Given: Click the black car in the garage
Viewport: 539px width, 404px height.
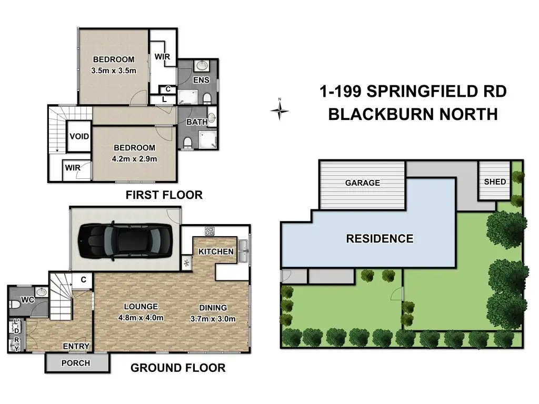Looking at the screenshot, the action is tap(125, 241).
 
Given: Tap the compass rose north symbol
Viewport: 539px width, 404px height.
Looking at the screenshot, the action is tap(280, 110).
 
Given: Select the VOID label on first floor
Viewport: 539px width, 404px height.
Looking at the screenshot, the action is tap(79, 136).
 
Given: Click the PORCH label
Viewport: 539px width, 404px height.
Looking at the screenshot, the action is tap(76, 363).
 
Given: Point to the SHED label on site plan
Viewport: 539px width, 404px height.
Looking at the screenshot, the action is tap(495, 181).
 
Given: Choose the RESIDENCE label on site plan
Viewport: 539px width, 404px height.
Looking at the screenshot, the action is tap(380, 239).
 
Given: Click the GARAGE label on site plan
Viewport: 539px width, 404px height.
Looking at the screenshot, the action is tap(363, 183).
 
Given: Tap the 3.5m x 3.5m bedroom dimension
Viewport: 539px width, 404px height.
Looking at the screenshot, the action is tap(114, 71).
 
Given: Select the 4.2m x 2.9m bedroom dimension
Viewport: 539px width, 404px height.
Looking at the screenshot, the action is tap(134, 159).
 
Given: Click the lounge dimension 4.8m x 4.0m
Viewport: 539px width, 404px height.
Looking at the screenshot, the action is tap(141, 318).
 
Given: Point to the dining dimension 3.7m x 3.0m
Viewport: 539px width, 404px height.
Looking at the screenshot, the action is tap(213, 319).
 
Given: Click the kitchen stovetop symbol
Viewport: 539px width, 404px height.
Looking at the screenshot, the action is tap(209, 231).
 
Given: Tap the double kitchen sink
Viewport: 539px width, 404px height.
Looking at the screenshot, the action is tap(243, 251).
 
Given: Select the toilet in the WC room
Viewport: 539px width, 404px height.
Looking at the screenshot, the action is tap(14, 304).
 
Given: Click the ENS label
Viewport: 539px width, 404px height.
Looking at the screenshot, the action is tap(201, 80).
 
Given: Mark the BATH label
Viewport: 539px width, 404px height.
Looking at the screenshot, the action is tap(197, 122).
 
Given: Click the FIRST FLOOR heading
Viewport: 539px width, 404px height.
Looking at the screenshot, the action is tap(164, 195).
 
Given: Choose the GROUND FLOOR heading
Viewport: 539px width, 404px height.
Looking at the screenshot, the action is tap(178, 368).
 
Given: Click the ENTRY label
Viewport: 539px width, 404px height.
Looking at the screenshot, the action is tap(76, 346).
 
